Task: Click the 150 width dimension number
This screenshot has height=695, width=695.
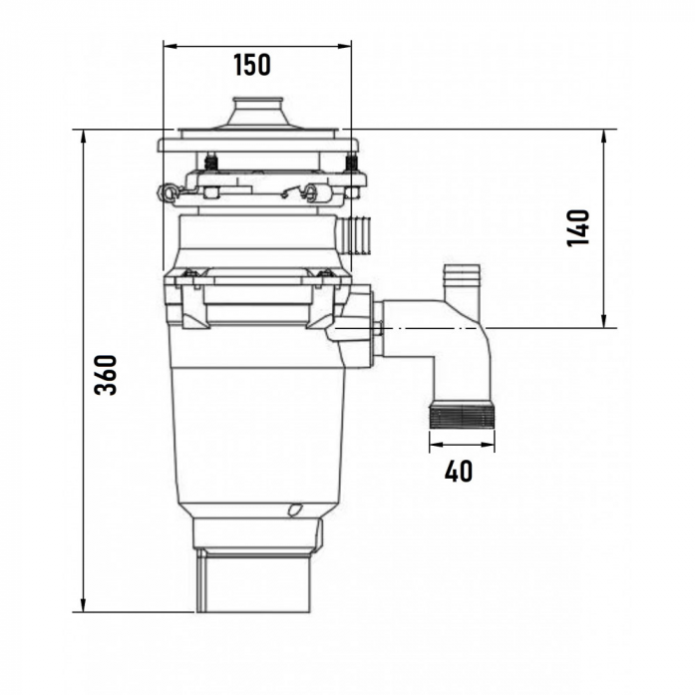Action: coord(251,65)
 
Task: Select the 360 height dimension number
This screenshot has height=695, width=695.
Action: coord(106,375)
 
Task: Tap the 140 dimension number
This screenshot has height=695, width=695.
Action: coord(578,227)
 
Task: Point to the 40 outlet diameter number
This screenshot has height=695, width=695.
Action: coord(459,471)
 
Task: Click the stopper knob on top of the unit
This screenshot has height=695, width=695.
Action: coord(259,113)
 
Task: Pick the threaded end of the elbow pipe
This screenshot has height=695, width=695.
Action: coord(462,415)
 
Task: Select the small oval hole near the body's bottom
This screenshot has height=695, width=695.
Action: coord(294,509)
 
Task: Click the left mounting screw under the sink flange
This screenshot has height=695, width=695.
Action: coord(211,163)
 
